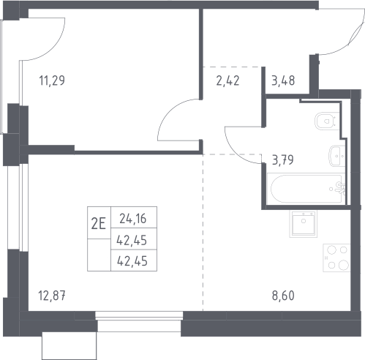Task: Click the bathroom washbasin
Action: click(336, 154)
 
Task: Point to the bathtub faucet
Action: click(338, 188)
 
